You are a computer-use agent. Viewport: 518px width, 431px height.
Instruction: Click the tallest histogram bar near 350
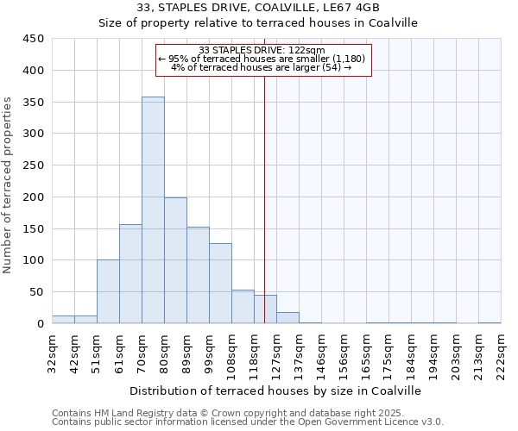tap(153, 210)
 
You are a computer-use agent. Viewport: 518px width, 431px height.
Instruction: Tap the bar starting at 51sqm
tap(108, 291)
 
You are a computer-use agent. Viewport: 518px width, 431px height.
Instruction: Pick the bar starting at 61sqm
tap(130, 274)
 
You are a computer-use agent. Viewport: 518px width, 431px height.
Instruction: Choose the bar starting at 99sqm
tap(220, 284)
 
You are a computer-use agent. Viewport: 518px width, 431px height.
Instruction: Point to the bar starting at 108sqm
tap(243, 307)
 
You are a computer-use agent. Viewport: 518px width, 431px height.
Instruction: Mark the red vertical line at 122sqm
tap(264, 198)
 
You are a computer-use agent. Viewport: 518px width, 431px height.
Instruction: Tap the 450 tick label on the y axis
tap(34, 39)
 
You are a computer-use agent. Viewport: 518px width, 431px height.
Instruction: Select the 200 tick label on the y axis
tap(34, 197)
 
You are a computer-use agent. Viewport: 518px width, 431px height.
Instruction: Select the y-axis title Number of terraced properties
tap(8, 185)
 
